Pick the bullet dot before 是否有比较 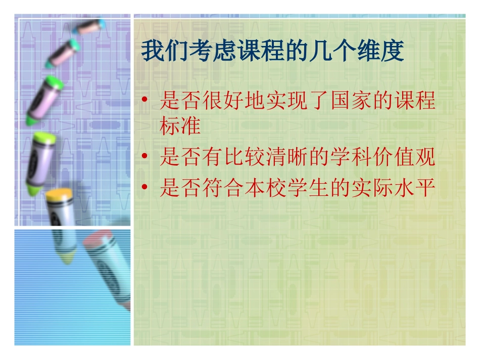tap(146, 158)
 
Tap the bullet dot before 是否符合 tap(146, 189)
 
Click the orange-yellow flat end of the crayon tap(60, 193)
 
